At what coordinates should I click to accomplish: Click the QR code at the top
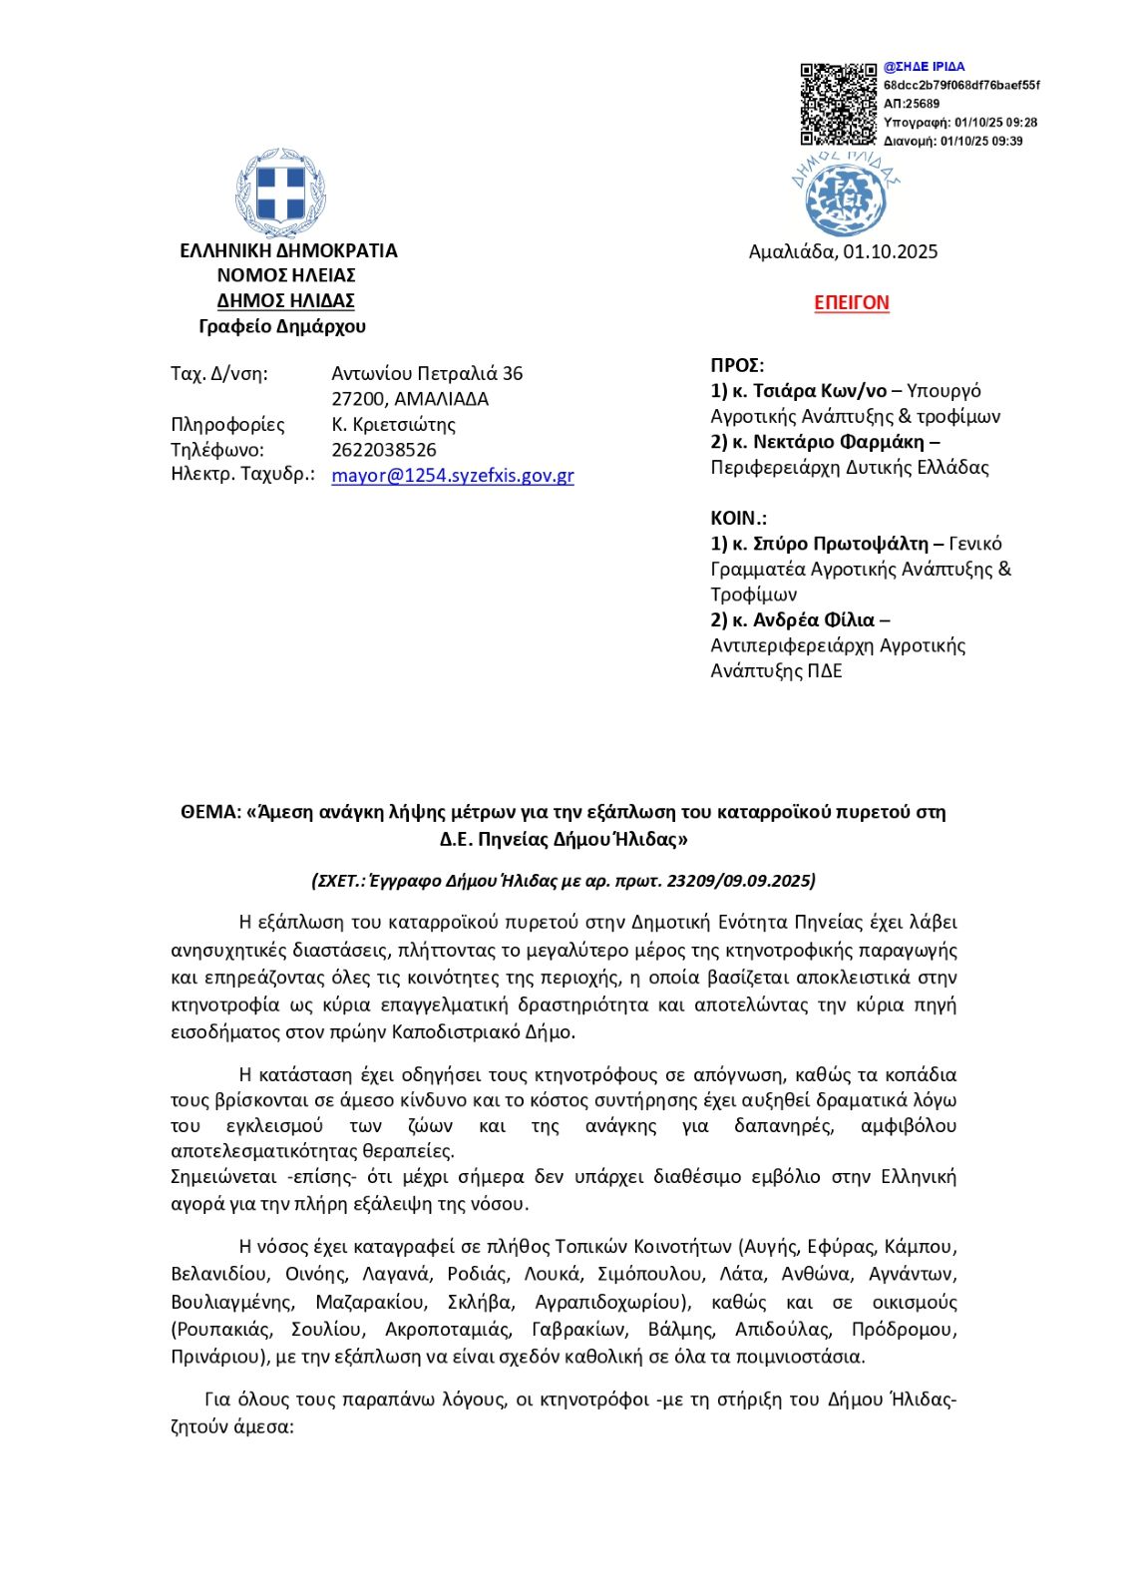click(x=838, y=104)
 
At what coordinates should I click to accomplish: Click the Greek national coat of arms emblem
click(x=281, y=192)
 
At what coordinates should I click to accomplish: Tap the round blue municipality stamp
click(x=845, y=198)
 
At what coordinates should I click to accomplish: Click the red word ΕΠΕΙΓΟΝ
click(x=851, y=302)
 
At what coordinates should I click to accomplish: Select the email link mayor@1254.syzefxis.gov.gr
click(x=452, y=476)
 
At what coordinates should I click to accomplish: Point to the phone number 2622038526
click(x=384, y=450)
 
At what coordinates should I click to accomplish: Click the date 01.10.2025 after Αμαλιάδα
click(x=890, y=251)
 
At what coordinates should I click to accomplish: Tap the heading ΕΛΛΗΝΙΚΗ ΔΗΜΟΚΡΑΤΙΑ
click(x=288, y=250)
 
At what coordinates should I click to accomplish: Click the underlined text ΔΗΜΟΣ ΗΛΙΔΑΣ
click(x=286, y=300)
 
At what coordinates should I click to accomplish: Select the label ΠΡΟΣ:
click(x=737, y=365)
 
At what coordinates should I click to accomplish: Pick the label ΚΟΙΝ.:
click(x=738, y=518)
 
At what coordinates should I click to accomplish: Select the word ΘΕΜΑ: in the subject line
click(x=210, y=812)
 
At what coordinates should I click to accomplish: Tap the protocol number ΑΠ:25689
click(x=911, y=104)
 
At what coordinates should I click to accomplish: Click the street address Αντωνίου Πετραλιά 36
click(x=427, y=373)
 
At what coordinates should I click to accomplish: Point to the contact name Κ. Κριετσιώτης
click(x=393, y=424)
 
